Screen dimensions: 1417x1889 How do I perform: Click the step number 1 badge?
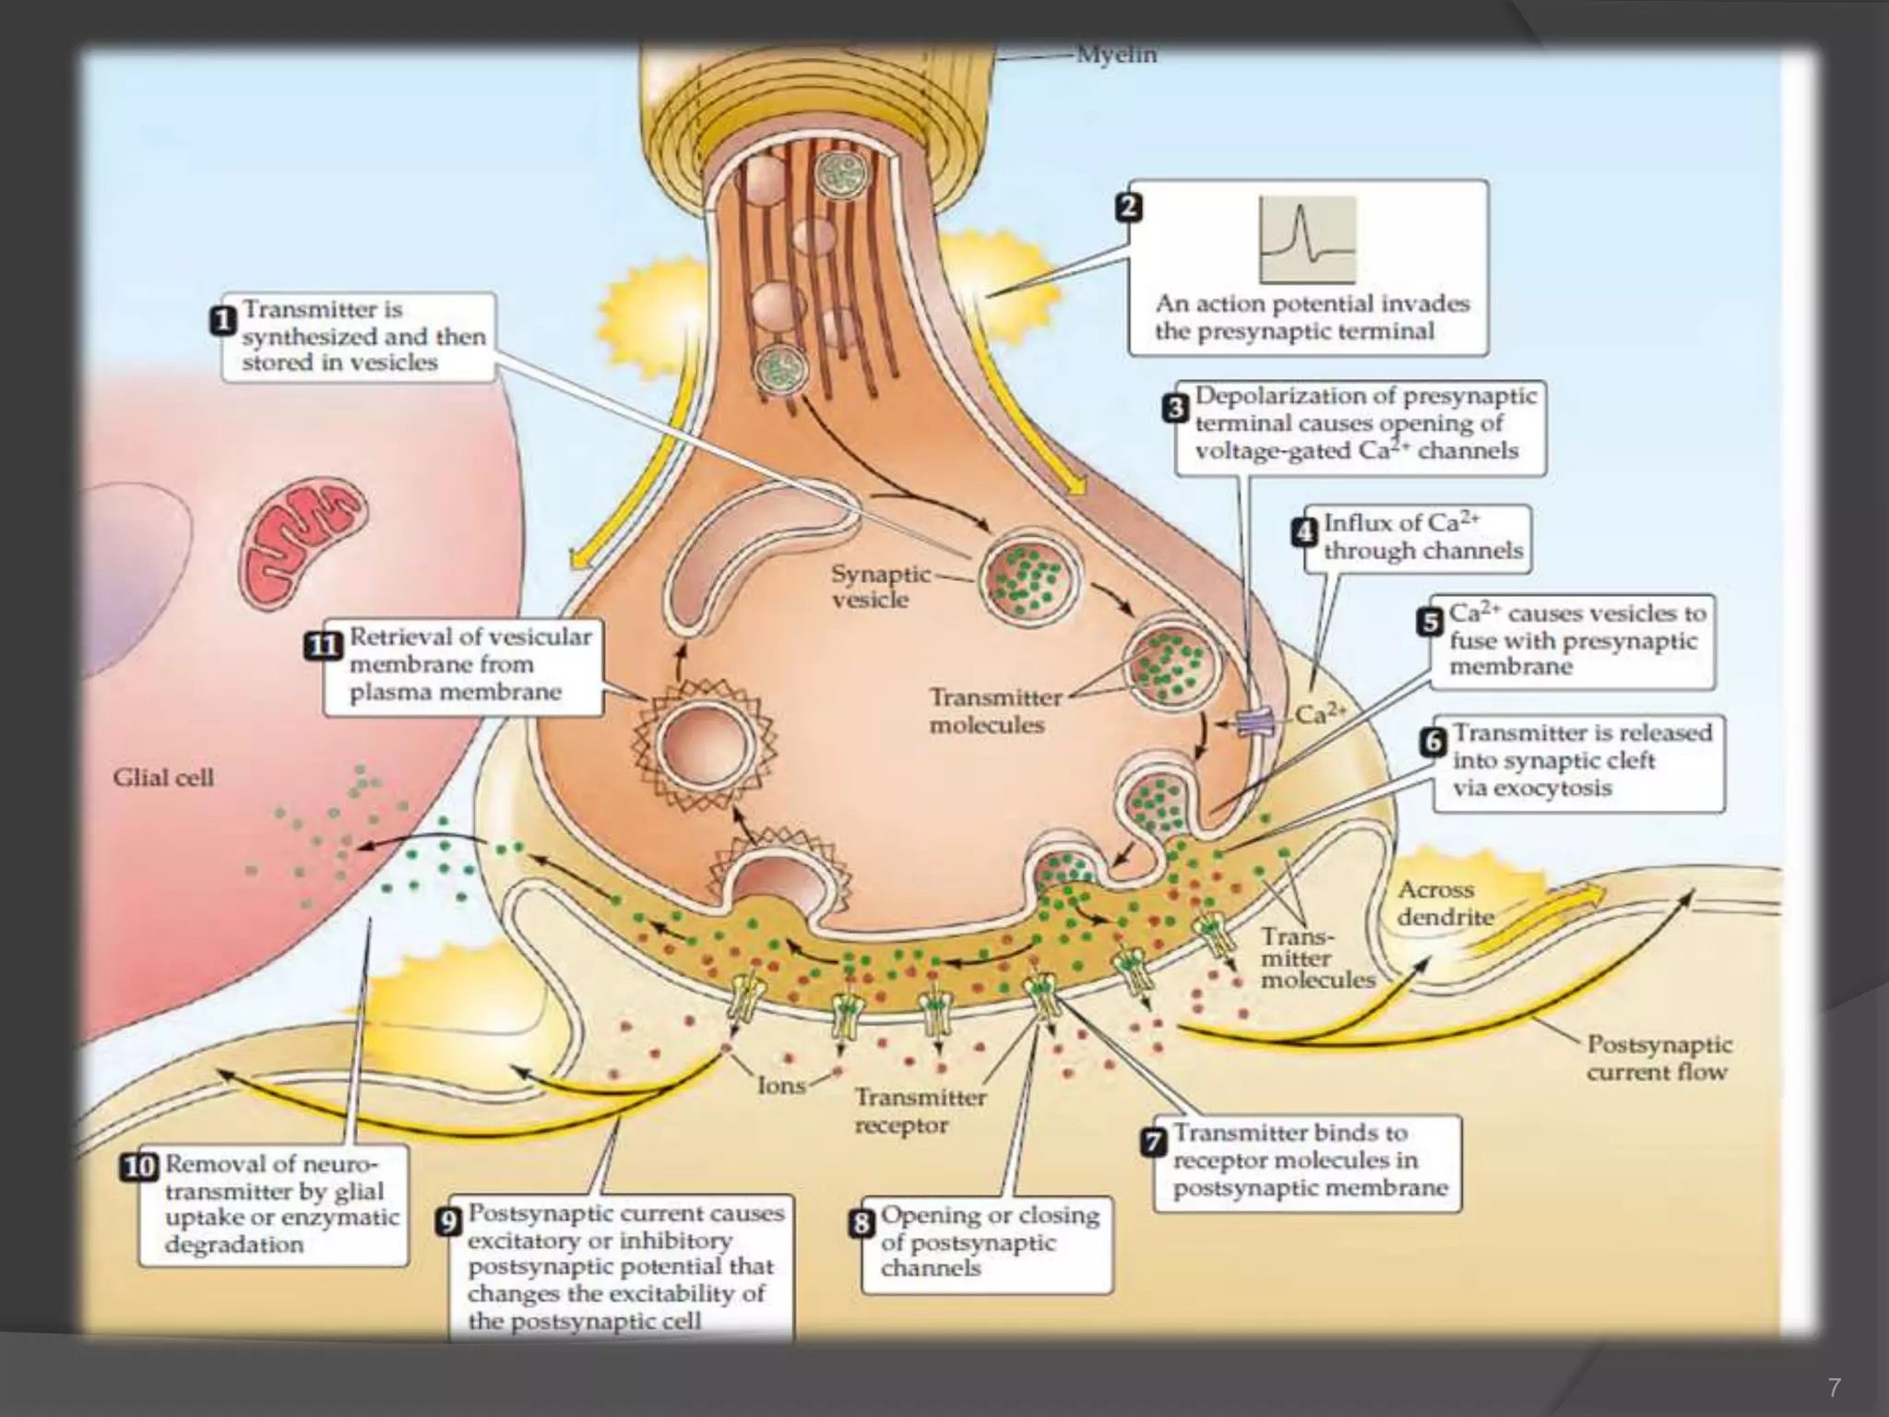[x=223, y=322]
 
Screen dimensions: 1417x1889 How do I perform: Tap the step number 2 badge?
[x=1129, y=207]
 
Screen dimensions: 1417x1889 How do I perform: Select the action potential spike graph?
[x=1307, y=240]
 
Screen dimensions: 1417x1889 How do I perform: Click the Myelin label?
[x=1116, y=55]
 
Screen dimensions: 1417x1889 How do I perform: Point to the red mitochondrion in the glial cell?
[x=303, y=544]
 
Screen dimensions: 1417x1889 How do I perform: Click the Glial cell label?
[x=163, y=778]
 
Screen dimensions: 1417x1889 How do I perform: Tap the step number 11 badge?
[x=323, y=646]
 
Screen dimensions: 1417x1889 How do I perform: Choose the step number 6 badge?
[x=1432, y=742]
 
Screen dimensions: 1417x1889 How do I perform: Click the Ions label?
[x=781, y=1086]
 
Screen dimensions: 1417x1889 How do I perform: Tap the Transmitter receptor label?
[x=920, y=1111]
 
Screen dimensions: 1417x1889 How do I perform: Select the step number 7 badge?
[x=1154, y=1142]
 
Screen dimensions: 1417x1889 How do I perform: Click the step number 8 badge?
[x=861, y=1223]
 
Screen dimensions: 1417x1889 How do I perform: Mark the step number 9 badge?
[x=447, y=1222]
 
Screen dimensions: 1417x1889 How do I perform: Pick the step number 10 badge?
[x=140, y=1167]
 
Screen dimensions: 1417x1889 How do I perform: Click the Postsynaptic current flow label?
[x=1657, y=1058]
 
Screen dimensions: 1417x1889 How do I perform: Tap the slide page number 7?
[x=1834, y=1387]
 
